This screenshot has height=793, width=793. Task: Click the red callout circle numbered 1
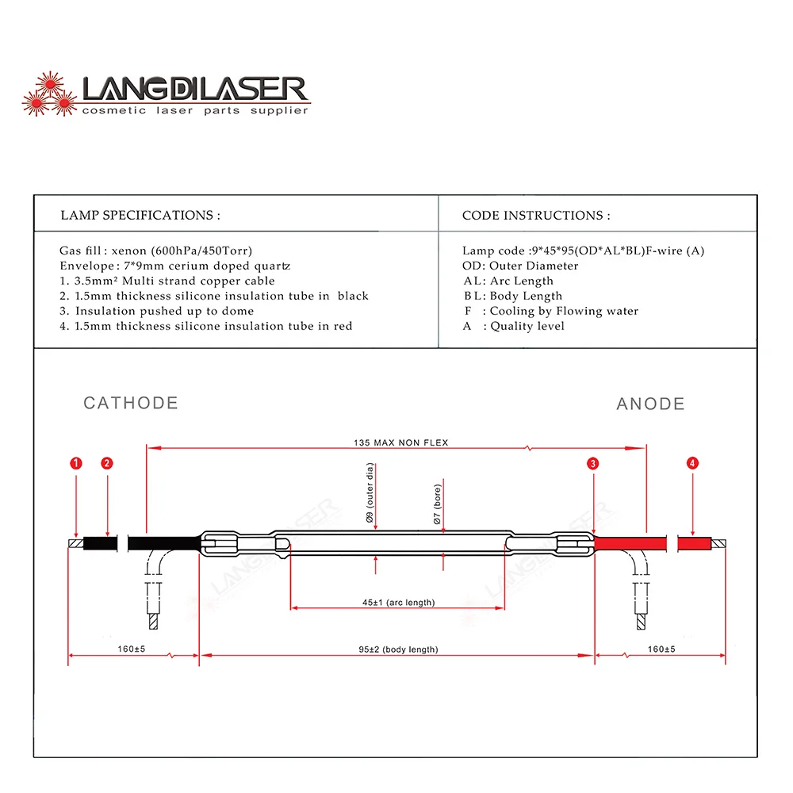[x=75, y=462]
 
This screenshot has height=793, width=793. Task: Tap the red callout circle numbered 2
[x=107, y=462]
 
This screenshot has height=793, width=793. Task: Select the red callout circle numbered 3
[x=593, y=462]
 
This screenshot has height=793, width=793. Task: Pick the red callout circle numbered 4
[x=693, y=462]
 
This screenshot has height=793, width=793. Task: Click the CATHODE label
[x=131, y=403]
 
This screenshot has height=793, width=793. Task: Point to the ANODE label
[x=650, y=404]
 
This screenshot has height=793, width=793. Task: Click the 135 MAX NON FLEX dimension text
[x=400, y=442]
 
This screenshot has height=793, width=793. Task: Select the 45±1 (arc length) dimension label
[x=398, y=603]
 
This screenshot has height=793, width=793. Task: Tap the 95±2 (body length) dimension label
[x=398, y=649]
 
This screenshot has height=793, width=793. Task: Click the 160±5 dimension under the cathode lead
[x=132, y=649]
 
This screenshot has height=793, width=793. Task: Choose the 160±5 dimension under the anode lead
[x=661, y=649]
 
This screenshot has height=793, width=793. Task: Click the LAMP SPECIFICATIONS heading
[x=140, y=216]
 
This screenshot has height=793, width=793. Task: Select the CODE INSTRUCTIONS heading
[x=536, y=216]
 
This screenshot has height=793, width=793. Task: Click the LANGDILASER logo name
[x=193, y=89]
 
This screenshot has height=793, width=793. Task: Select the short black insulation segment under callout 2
[x=100, y=544]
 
